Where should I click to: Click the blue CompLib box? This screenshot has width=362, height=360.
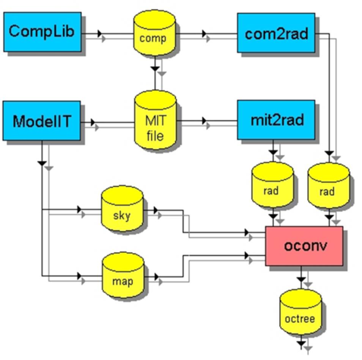pos(42,32)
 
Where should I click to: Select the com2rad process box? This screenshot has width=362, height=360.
pos(276,33)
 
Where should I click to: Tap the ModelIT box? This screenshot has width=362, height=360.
pos(42,121)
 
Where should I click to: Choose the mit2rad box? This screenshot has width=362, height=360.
pos(276,120)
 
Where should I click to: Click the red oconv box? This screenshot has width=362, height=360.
pos(304,246)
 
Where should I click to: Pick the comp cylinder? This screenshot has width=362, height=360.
pos(155,33)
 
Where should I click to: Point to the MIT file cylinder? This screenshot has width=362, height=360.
pos(156,120)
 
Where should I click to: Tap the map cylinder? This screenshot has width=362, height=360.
pos(123,275)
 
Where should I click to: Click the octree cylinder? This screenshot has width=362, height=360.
pos(301,312)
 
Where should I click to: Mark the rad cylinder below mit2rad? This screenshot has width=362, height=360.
pos(272,185)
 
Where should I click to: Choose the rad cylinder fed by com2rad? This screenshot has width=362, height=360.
pos(329,186)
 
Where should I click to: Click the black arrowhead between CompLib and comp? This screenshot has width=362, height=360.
pos(99,33)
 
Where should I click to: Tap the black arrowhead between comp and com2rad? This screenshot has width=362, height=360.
pos(204,33)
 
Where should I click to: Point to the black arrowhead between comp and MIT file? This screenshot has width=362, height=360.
pos(155,68)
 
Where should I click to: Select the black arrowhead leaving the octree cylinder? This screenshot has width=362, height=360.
pos(301,343)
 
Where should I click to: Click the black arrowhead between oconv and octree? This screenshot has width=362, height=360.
pos(301,279)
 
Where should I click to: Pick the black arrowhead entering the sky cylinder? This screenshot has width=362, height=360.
pos(79,210)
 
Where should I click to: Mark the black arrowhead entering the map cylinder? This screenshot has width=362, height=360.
pos(79,276)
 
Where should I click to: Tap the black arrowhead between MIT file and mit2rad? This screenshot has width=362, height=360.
pos(204,121)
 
